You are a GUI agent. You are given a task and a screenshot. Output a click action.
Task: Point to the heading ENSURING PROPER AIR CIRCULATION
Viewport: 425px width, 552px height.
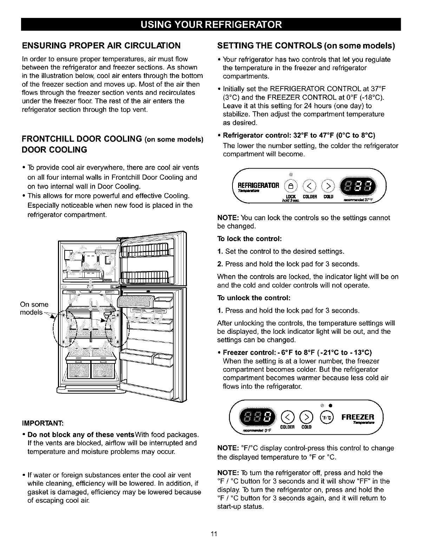(101, 45)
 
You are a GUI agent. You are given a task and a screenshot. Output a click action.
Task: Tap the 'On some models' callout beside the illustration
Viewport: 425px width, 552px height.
(34, 308)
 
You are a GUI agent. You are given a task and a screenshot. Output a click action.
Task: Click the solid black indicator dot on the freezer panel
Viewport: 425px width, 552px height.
(331, 406)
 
